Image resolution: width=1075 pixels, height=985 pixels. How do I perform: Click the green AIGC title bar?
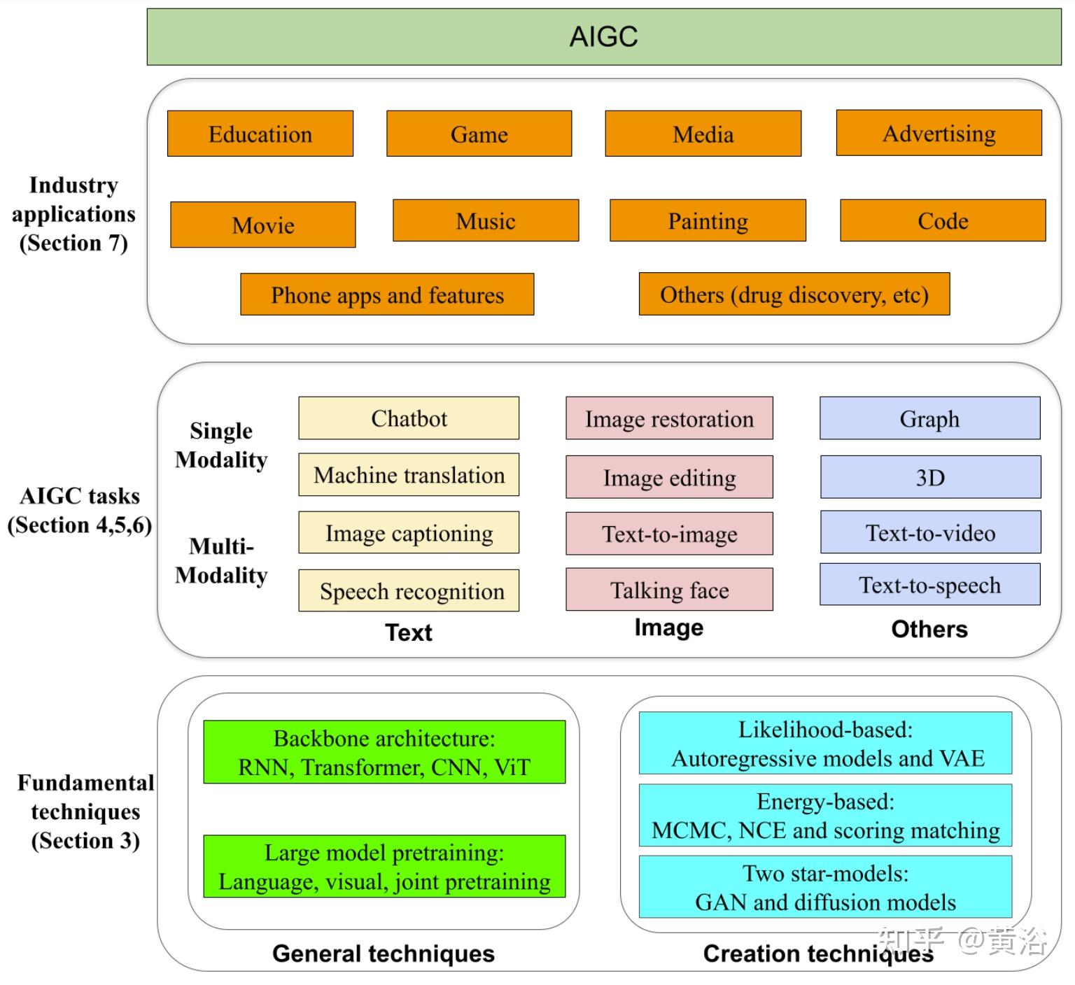tap(604, 37)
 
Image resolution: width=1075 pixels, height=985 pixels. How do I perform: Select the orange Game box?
tap(479, 134)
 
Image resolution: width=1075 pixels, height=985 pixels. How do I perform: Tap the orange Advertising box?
tap(939, 133)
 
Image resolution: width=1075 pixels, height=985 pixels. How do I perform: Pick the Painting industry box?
tap(708, 220)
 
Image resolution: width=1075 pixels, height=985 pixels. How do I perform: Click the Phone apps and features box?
tap(387, 295)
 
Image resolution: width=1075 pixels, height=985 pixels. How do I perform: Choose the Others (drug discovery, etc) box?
tap(794, 294)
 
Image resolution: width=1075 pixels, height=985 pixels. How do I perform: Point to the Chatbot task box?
tap(409, 418)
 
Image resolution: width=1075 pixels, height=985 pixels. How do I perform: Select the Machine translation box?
tap(409, 474)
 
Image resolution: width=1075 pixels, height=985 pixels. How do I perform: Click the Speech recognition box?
tap(409, 590)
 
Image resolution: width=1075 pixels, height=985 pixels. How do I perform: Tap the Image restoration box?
tap(670, 418)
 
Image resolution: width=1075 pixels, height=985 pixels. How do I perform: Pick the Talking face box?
tap(670, 590)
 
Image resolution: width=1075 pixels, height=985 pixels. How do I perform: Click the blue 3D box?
tap(930, 477)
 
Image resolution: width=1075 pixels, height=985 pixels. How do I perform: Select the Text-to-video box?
tap(930, 532)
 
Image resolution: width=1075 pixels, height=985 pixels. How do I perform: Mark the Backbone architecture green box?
tap(384, 752)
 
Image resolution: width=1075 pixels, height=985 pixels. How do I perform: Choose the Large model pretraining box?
tap(384, 866)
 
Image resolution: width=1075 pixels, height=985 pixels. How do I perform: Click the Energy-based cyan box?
tap(826, 816)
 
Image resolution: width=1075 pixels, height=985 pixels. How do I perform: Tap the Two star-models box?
tap(826, 887)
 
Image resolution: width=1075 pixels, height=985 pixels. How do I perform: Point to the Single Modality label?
tap(221, 445)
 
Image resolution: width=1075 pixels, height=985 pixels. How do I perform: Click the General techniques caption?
tap(384, 954)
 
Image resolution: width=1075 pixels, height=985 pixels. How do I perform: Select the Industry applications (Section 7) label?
tap(73, 213)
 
